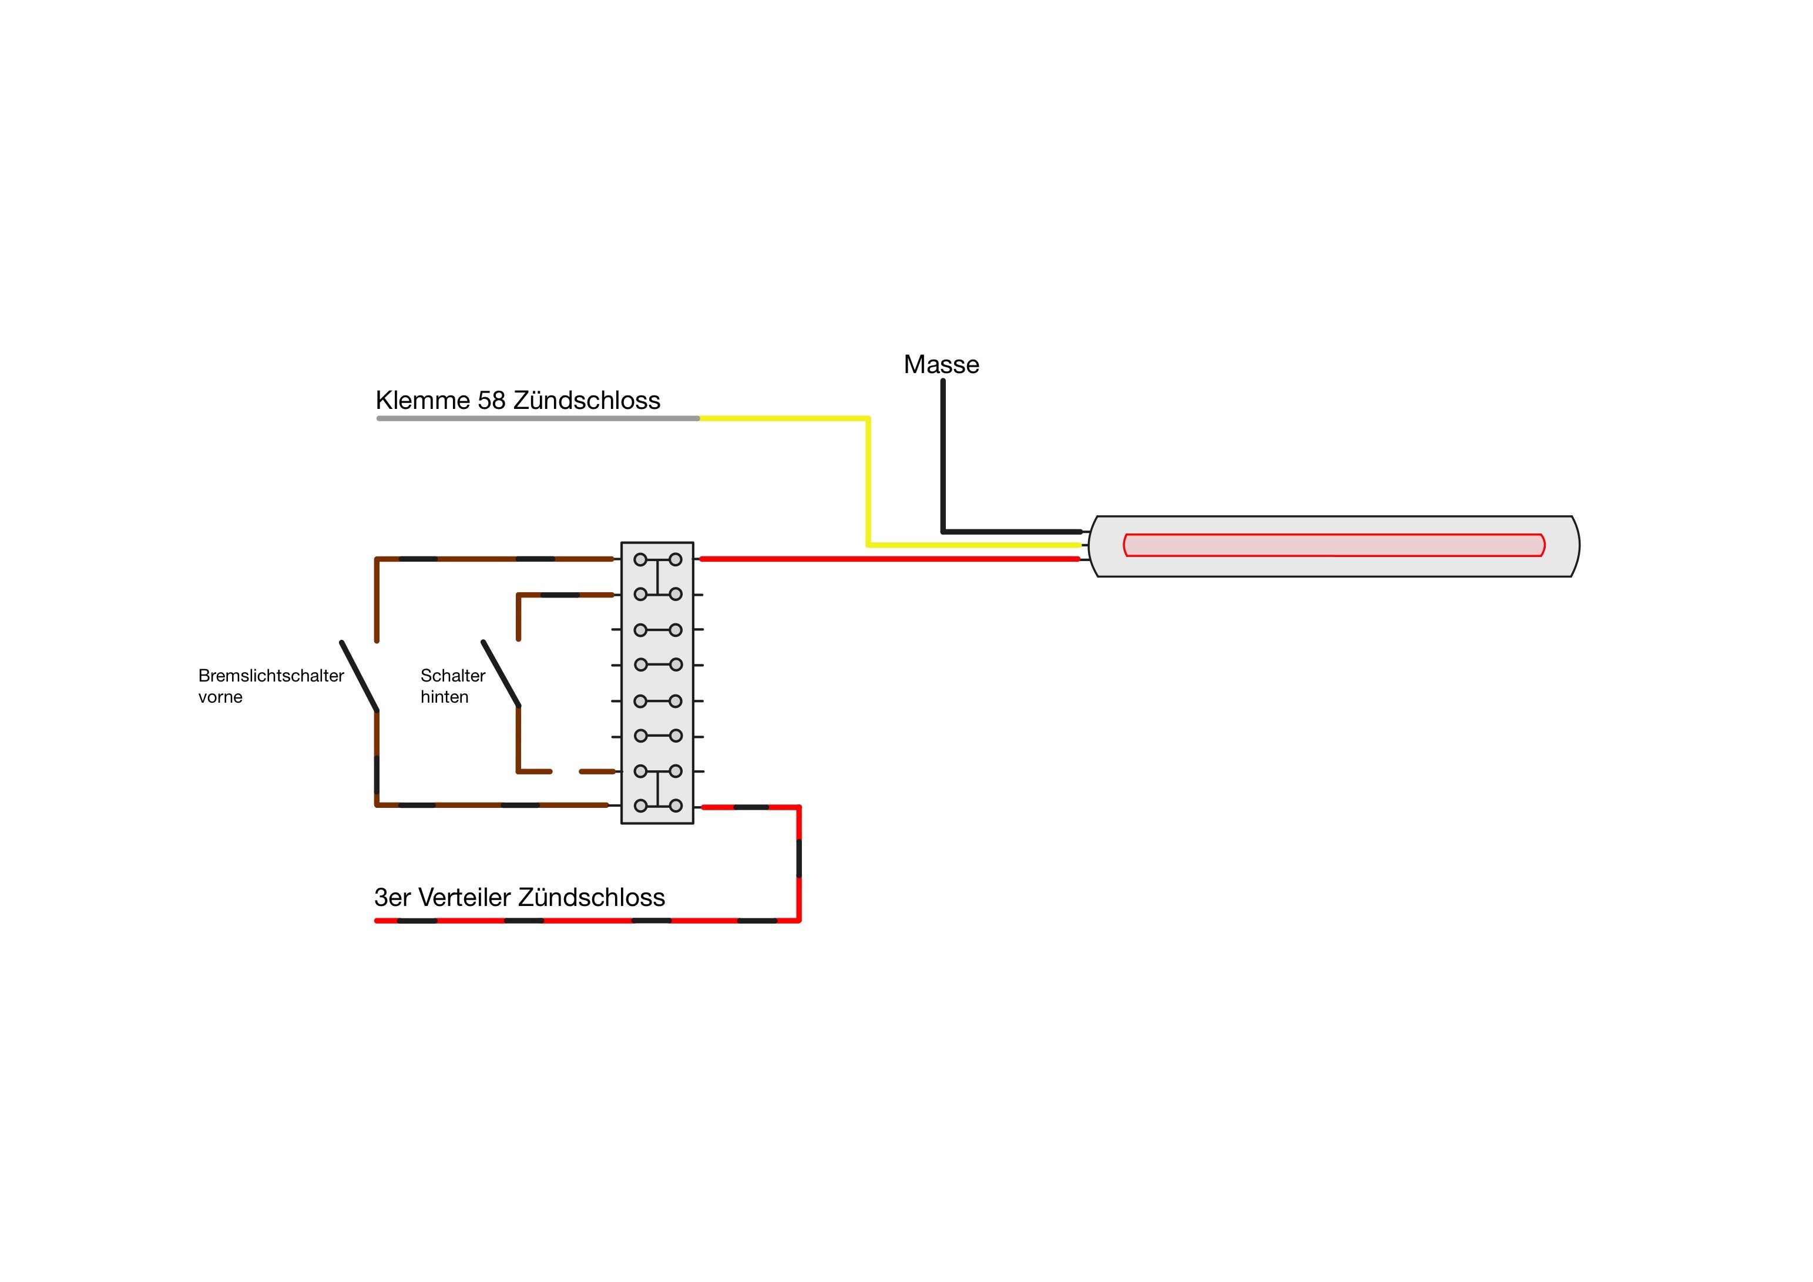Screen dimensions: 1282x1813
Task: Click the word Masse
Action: pos(941,364)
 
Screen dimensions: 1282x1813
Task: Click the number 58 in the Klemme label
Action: pos(491,401)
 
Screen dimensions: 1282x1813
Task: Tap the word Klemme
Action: pos(422,401)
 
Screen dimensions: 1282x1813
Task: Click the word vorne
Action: pos(220,697)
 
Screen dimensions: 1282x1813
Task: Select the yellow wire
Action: pos(868,482)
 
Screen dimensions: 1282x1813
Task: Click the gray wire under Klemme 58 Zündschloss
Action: pos(537,419)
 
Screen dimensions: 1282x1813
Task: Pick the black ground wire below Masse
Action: pos(943,458)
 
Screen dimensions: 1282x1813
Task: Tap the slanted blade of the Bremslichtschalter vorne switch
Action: pos(360,676)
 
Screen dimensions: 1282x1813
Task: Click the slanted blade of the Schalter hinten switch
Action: pos(501,674)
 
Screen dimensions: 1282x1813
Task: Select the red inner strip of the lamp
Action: pos(1334,545)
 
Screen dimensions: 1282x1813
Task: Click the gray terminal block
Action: pos(657,683)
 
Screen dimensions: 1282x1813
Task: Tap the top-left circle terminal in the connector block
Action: pos(640,559)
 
